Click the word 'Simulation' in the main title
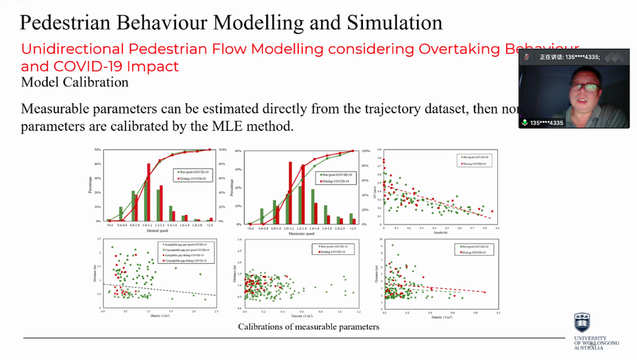click(x=394, y=22)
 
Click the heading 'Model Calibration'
click(x=74, y=82)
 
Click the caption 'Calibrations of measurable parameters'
click(x=309, y=327)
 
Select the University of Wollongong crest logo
click(x=581, y=323)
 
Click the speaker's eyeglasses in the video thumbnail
click(x=582, y=87)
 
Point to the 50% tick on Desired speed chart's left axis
click(x=98, y=150)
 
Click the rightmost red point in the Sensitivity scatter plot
click(x=492, y=211)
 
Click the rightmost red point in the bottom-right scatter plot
click(x=484, y=292)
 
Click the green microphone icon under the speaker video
click(x=525, y=122)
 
